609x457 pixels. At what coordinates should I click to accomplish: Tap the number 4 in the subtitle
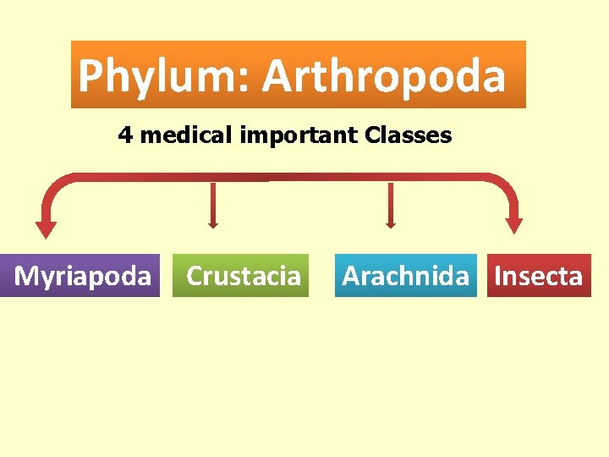125,135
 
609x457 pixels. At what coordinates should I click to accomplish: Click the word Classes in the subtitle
409,135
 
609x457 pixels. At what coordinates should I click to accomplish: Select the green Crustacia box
242,276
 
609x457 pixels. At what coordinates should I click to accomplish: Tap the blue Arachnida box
406,276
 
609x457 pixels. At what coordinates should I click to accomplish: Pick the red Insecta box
538,276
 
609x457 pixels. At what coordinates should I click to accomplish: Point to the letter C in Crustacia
195,276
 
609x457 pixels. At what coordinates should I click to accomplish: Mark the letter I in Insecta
498,276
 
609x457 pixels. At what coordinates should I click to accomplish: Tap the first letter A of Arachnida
351,276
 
